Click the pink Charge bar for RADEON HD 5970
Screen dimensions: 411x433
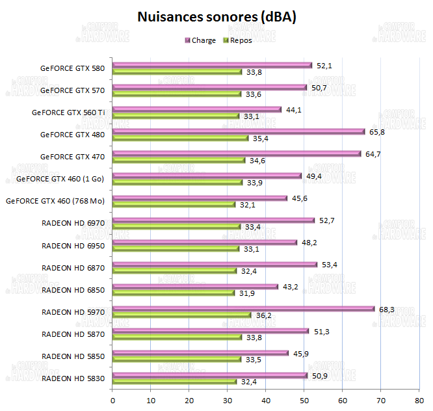pyautogui.click(x=244, y=308)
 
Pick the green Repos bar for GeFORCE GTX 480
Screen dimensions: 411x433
pyautogui.click(x=181, y=138)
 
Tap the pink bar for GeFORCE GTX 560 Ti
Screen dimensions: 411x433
pyautogui.click(x=197, y=109)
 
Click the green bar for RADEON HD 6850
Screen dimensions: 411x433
pyautogui.click(x=174, y=293)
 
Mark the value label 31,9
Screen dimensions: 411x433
pyautogui.click(x=247, y=293)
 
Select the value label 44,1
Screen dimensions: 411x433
pyautogui.click(x=294, y=109)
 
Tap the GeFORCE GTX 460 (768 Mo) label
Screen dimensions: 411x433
pyautogui.click(x=55, y=201)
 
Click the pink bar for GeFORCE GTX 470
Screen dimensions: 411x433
pyautogui.click(x=237, y=153)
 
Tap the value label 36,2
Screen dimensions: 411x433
pyautogui.click(x=263, y=315)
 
